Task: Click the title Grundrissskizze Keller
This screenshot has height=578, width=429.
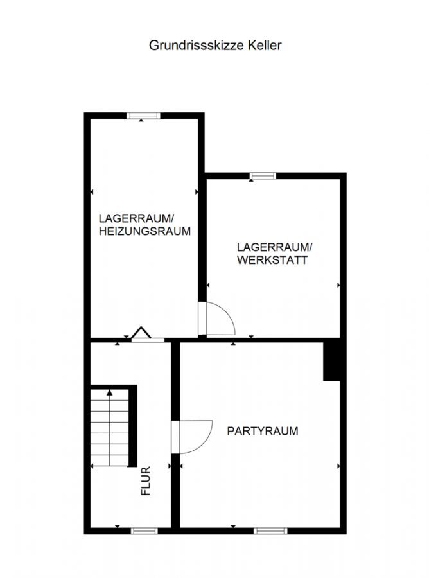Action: point(215,46)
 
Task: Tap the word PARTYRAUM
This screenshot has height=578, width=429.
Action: point(263,431)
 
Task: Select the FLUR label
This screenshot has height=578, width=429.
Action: point(146,480)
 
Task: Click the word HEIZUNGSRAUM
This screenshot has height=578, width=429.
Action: point(144,231)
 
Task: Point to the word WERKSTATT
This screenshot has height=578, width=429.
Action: point(272,260)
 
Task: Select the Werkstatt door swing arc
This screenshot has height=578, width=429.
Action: point(229,314)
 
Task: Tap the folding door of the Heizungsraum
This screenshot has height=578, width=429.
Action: point(141,333)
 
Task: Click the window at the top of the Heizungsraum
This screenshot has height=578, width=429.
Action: point(143,116)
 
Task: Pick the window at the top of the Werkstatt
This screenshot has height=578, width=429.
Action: point(263,176)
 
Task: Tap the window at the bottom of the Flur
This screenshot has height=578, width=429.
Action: point(144,531)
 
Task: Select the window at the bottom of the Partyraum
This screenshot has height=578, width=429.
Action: point(270,531)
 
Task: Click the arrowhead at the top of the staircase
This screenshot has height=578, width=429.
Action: point(109,392)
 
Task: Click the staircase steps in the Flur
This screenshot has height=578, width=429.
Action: point(109,428)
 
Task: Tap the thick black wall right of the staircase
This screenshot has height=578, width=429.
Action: point(133,426)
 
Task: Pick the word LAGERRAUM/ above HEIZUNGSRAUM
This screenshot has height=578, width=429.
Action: point(136,218)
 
